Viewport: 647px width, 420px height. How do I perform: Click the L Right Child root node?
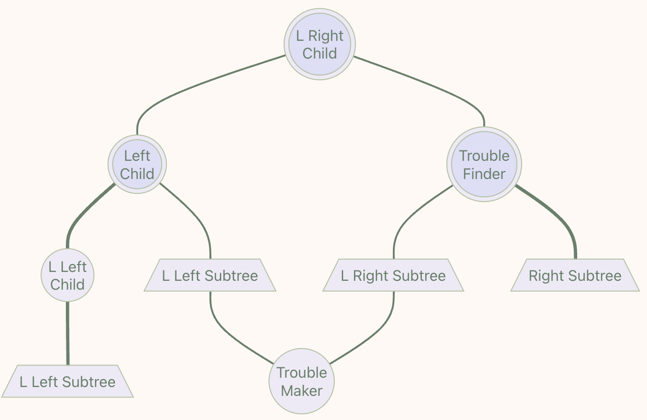tap(320, 44)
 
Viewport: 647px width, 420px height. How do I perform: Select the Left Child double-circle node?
tap(137, 164)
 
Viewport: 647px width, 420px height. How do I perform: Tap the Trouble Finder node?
tap(484, 164)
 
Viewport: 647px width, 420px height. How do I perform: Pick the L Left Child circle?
tap(67, 275)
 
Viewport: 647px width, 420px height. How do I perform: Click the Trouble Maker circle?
tap(302, 381)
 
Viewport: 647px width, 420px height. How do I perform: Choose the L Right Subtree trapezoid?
tap(393, 275)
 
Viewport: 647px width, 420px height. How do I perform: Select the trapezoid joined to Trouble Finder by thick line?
tap(575, 275)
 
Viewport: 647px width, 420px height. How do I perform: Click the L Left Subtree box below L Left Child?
tap(67, 381)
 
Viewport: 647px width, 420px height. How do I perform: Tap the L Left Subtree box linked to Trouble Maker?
tap(210, 275)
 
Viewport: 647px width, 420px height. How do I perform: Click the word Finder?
tap(484, 174)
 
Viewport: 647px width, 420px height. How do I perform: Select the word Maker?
tap(302, 391)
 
